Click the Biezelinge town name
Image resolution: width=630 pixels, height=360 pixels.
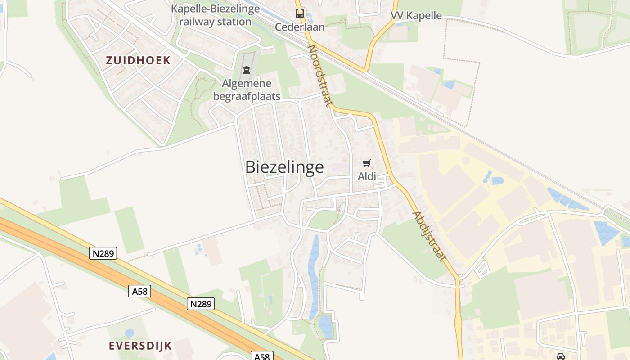[284, 167]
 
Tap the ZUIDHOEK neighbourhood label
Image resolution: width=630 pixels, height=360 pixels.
[138, 60]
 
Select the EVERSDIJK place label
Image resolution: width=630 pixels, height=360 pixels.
[140, 346]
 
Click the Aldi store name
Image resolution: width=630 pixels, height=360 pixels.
[367, 176]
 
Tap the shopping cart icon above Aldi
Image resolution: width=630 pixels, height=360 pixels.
[367, 163]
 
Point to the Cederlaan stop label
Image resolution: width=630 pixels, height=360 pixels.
[300, 27]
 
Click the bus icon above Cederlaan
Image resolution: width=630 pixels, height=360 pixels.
[300, 13]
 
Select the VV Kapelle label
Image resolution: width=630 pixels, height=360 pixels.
[416, 16]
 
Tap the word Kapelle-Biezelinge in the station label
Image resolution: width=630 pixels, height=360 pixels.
[216, 9]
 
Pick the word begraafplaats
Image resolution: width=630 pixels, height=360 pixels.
[247, 96]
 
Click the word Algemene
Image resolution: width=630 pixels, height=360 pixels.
[247, 84]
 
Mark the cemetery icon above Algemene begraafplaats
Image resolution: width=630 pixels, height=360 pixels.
[247, 70]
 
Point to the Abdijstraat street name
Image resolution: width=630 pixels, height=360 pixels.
[429, 236]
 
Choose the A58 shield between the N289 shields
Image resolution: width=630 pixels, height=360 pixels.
[139, 292]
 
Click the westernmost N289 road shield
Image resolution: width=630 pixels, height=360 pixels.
[103, 254]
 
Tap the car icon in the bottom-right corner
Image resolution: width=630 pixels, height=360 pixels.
[561, 356]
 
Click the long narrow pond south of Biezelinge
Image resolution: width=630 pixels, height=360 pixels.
[313, 274]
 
